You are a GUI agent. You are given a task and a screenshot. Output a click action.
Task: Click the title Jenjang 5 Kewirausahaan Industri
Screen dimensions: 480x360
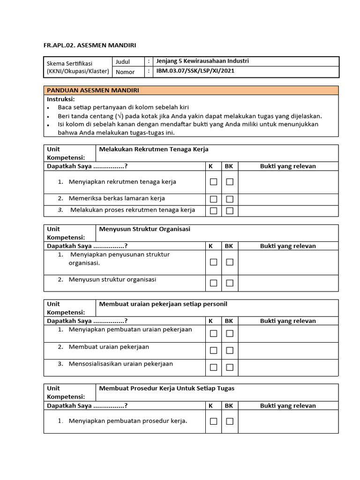202,61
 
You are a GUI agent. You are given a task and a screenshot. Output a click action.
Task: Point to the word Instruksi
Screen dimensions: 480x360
60,99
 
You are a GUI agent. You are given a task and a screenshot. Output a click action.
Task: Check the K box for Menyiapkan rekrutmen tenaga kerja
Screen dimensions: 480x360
213,182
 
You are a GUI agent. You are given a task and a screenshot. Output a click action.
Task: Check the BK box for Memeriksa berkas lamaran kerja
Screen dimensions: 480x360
230,199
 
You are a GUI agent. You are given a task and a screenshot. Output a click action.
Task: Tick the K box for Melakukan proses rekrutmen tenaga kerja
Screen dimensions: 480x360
213,211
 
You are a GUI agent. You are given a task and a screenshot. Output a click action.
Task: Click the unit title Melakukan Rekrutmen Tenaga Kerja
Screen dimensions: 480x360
154,149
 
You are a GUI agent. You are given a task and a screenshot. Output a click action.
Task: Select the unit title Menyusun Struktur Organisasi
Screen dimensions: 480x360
145,229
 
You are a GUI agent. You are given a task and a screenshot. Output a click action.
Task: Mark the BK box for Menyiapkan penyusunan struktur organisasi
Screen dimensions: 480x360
230,262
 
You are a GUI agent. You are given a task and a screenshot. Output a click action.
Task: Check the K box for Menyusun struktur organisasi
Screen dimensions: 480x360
213,283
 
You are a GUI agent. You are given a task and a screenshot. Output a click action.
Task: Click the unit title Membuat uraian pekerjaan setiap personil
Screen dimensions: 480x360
163,304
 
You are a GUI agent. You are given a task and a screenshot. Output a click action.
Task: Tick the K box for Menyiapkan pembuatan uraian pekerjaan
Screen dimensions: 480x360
213,333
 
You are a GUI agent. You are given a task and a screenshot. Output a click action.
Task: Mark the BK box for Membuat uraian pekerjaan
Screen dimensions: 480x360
230,350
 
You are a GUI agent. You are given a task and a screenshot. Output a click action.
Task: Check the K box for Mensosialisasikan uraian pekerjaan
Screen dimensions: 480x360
213,367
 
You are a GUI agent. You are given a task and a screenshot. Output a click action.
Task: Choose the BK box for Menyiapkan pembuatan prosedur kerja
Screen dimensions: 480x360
230,421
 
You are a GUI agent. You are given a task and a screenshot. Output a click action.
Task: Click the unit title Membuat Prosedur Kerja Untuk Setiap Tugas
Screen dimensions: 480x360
167,388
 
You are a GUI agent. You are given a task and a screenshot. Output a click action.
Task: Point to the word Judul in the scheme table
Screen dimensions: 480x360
122,61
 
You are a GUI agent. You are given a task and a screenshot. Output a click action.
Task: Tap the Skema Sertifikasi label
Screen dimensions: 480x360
69,63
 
